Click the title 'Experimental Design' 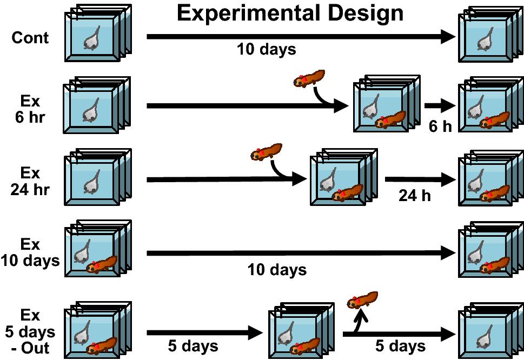pyautogui.click(x=290, y=13)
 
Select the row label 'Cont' pyautogui.click(x=30, y=38)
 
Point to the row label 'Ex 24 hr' pyautogui.click(x=30, y=182)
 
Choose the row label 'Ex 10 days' pyautogui.click(x=30, y=252)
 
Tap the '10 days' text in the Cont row pyautogui.click(x=266, y=50)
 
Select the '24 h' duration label pyautogui.click(x=415, y=196)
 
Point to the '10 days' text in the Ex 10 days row pyautogui.click(x=277, y=269)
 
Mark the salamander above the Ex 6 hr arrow pyautogui.click(x=309, y=79)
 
